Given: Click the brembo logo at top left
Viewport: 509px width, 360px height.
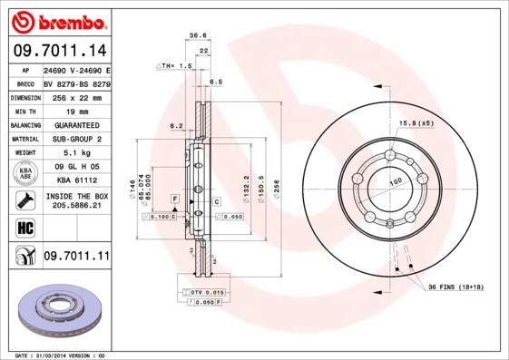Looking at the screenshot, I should coord(59,20).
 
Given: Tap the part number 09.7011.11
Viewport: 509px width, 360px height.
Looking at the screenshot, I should coord(75,257).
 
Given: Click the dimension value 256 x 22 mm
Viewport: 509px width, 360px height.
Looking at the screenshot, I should coord(75,96).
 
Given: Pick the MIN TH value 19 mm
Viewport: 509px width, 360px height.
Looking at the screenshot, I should coord(75,110).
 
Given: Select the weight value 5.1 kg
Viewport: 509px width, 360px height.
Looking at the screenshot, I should coord(75,153).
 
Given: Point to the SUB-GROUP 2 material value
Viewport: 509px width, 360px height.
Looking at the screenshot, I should coord(75,139).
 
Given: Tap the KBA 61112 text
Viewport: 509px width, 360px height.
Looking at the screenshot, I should coord(75,180).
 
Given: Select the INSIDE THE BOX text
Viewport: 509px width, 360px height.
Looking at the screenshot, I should coord(76,196).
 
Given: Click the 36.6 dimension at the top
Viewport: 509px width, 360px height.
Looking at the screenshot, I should coord(193,35).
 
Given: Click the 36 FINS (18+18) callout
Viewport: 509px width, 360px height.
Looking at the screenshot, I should coord(457,286).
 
